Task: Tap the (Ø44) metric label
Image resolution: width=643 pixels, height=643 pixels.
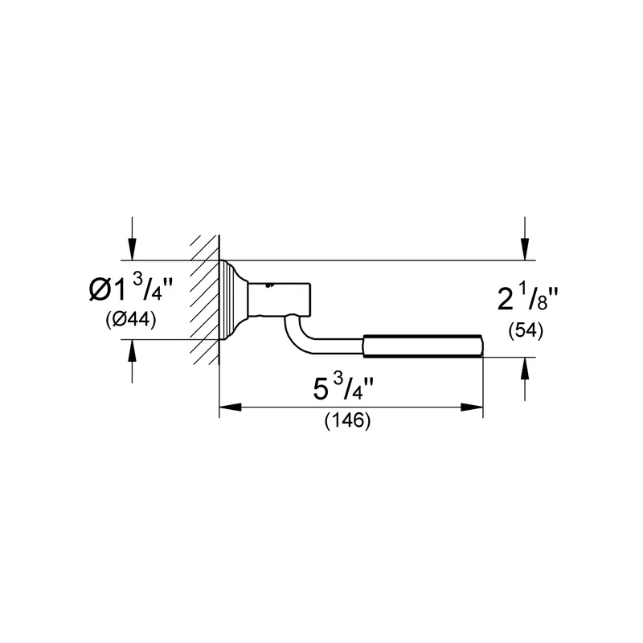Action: point(131,319)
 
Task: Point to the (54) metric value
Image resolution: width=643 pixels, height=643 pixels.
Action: point(526,331)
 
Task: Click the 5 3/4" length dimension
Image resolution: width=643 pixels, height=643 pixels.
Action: point(343,388)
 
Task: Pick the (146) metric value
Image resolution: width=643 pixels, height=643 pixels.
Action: point(348,420)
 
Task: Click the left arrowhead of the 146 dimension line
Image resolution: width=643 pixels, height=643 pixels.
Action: point(230,408)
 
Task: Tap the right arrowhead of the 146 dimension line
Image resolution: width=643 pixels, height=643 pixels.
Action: point(472,408)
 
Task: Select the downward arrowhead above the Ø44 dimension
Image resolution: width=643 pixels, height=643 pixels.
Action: point(132,249)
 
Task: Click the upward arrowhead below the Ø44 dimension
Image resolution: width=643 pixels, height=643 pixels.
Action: point(132,350)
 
